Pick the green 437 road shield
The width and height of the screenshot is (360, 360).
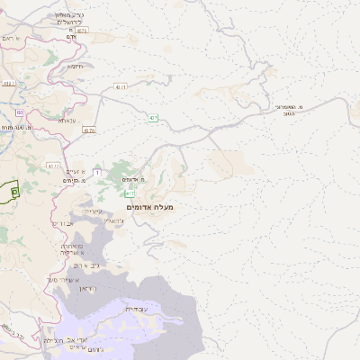point(154,118)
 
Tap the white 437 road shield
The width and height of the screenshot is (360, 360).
point(120,86)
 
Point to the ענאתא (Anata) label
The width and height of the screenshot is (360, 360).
point(68,119)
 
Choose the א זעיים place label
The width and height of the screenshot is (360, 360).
point(76,171)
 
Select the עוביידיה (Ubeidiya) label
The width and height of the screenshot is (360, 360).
point(147,308)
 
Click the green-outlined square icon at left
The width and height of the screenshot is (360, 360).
point(14,191)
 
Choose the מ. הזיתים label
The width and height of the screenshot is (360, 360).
point(69,181)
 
